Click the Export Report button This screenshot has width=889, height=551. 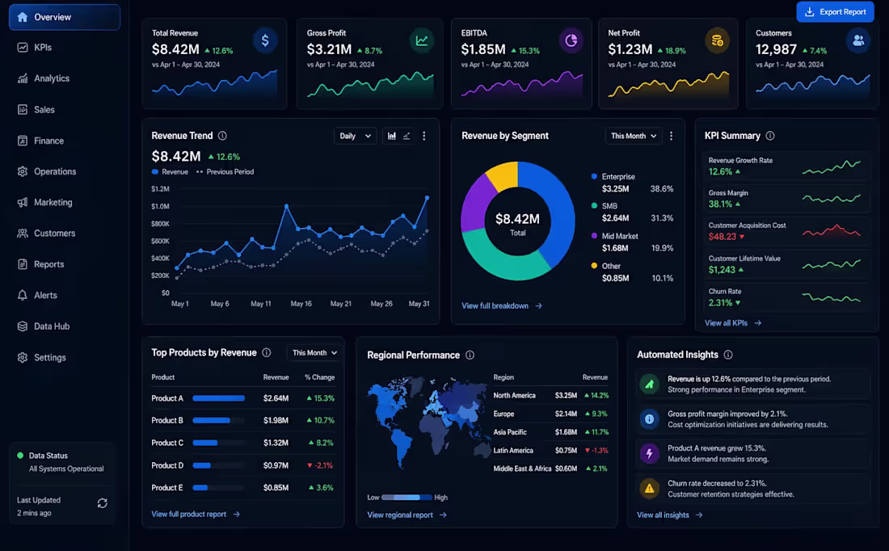click(835, 12)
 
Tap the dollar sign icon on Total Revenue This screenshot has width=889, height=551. click(265, 41)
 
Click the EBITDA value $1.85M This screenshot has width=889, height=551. click(483, 50)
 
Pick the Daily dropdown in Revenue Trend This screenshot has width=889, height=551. click(355, 136)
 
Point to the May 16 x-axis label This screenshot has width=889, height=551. click(301, 304)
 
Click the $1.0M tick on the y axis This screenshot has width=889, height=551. click(161, 206)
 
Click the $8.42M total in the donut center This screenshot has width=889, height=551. click(517, 219)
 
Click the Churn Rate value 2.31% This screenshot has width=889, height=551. click(720, 303)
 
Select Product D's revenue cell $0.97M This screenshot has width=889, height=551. click(276, 465)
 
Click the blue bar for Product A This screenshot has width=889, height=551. click(219, 398)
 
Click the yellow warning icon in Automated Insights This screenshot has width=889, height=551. click(649, 489)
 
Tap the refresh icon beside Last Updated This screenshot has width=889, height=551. click(103, 503)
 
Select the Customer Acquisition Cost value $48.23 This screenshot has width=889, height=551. click(723, 237)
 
